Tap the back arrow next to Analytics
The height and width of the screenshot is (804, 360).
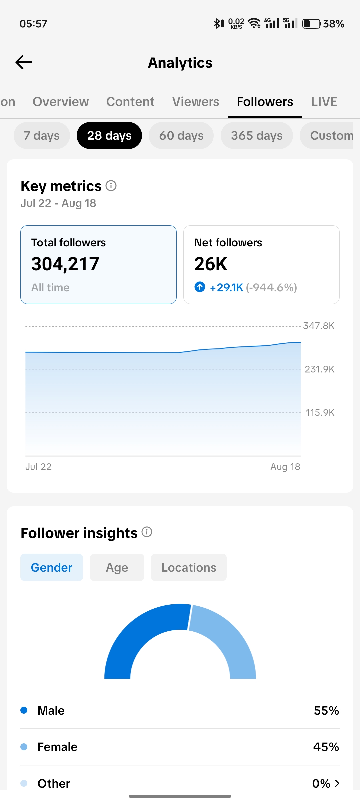[x=24, y=62]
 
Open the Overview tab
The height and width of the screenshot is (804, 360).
[x=61, y=102]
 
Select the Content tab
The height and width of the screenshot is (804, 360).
[x=130, y=102]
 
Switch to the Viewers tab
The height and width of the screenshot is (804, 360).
[x=196, y=102]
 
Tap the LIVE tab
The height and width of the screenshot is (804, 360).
[x=324, y=102]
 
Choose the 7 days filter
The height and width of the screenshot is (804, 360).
[x=42, y=136]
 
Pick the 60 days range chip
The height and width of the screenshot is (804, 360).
[x=181, y=136]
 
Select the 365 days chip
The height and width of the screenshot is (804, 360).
[x=257, y=136]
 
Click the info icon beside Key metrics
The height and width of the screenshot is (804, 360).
[x=111, y=186]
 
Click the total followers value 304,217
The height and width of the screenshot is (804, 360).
[x=65, y=264]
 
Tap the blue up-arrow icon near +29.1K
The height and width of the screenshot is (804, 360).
[x=200, y=287]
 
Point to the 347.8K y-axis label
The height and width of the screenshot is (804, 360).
[x=319, y=326]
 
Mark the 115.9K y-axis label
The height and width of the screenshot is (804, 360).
[x=320, y=413]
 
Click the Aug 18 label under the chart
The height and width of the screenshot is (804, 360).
[x=285, y=467]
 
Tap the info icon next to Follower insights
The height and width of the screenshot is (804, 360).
[x=147, y=532]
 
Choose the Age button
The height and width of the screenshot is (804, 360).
[x=117, y=567]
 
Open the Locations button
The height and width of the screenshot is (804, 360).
[x=189, y=567]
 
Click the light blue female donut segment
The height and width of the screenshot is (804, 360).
[x=230, y=640]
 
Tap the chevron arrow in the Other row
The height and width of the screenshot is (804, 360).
[x=337, y=783]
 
